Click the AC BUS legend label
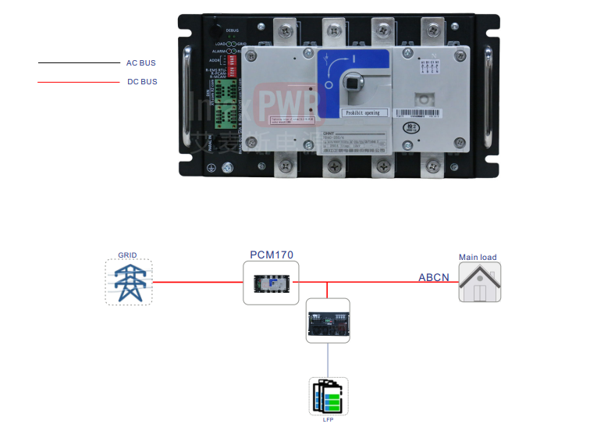141,62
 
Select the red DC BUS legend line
78,81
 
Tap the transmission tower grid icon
129,282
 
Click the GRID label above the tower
127,255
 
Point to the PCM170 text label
272,255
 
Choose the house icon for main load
479,283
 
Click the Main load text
478,257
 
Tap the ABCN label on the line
434,277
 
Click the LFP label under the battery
328,419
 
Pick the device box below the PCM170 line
327,321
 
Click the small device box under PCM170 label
272,283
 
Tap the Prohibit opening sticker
364,112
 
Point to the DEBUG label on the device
233,30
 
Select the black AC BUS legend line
78,62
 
